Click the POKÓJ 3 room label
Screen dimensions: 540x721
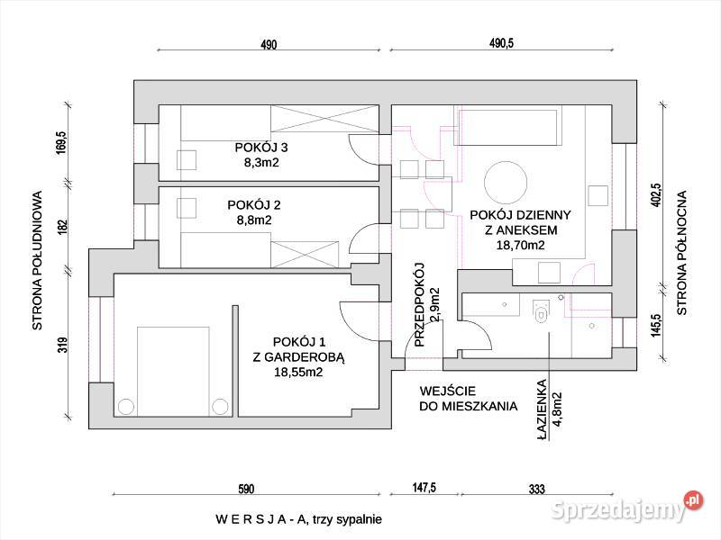[260, 148]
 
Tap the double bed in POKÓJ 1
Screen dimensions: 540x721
[171, 369]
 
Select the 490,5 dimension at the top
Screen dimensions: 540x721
[501, 44]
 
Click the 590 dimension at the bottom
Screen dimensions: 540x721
[246, 490]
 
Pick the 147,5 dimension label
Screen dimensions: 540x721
[424, 488]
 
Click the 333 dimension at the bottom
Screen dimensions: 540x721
[536, 490]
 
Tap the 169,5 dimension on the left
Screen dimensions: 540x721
[61, 144]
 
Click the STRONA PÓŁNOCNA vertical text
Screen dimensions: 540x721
[682, 252]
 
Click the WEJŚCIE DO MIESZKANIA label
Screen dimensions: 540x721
[468, 399]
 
